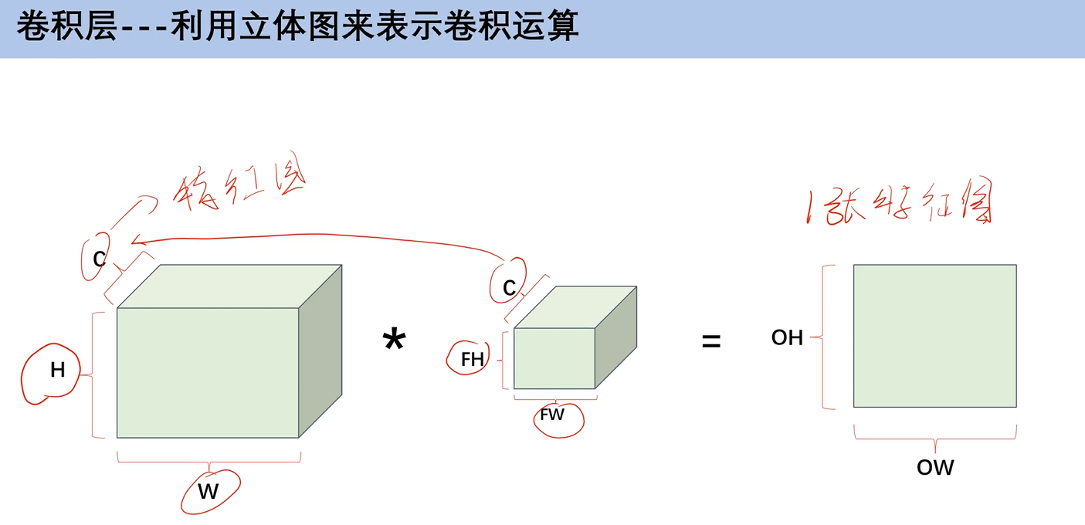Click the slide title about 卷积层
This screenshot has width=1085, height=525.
[x=297, y=28]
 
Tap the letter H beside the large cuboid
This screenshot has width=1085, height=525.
[x=58, y=370]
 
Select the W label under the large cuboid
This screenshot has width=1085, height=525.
[x=209, y=491]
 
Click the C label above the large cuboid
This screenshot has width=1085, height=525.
[x=100, y=259]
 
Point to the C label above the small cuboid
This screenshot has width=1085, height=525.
[x=509, y=289]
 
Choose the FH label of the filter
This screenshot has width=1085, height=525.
[x=472, y=359]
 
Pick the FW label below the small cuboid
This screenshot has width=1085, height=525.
[x=552, y=415]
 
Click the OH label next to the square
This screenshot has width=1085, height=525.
[x=787, y=337]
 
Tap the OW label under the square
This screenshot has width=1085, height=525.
[x=935, y=467]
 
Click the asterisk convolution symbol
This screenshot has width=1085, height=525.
[x=394, y=341]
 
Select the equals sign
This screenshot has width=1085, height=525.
[x=710, y=341]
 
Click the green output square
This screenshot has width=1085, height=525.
[x=934, y=336]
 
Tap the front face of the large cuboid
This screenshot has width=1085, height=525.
[x=208, y=373]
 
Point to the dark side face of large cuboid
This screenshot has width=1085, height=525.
[x=320, y=351]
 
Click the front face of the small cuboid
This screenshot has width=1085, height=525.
[x=554, y=358]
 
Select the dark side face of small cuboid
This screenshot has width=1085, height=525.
[x=616, y=337]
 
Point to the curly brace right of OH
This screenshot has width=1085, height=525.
[x=827, y=337]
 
